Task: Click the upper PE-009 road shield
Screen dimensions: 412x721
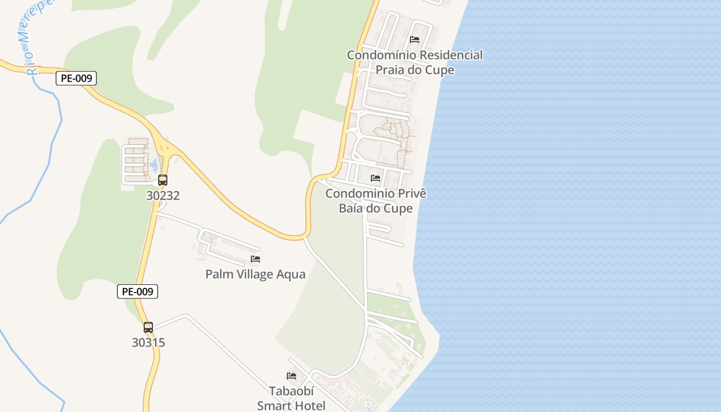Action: pyautogui.click(x=76, y=78)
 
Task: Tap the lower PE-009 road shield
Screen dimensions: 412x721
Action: pyautogui.click(x=138, y=291)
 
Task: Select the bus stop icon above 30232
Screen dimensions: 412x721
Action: pyautogui.click(x=163, y=180)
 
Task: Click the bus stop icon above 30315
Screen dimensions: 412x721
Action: pyautogui.click(x=148, y=327)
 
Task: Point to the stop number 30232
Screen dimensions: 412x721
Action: pyautogui.click(x=163, y=196)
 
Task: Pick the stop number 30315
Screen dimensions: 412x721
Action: pyautogui.click(x=148, y=342)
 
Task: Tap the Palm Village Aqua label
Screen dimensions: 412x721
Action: pyautogui.click(x=255, y=274)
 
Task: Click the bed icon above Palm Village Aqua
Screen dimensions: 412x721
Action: pyautogui.click(x=255, y=259)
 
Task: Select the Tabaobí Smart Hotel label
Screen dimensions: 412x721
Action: pyautogui.click(x=291, y=398)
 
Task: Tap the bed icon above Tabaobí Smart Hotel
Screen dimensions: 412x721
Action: pyautogui.click(x=291, y=376)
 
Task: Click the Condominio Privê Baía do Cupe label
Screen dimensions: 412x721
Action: pyautogui.click(x=376, y=201)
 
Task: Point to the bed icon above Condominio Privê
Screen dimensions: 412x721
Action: pyautogui.click(x=375, y=178)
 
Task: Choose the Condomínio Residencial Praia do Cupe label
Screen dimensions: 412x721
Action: pyautogui.click(x=415, y=62)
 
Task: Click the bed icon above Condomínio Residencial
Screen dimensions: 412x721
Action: pyautogui.click(x=415, y=40)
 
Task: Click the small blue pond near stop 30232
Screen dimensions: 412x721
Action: pyautogui.click(x=154, y=165)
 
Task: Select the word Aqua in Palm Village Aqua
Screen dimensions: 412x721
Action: pyautogui.click(x=291, y=274)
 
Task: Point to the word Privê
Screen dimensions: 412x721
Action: pyautogui.click(x=409, y=194)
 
